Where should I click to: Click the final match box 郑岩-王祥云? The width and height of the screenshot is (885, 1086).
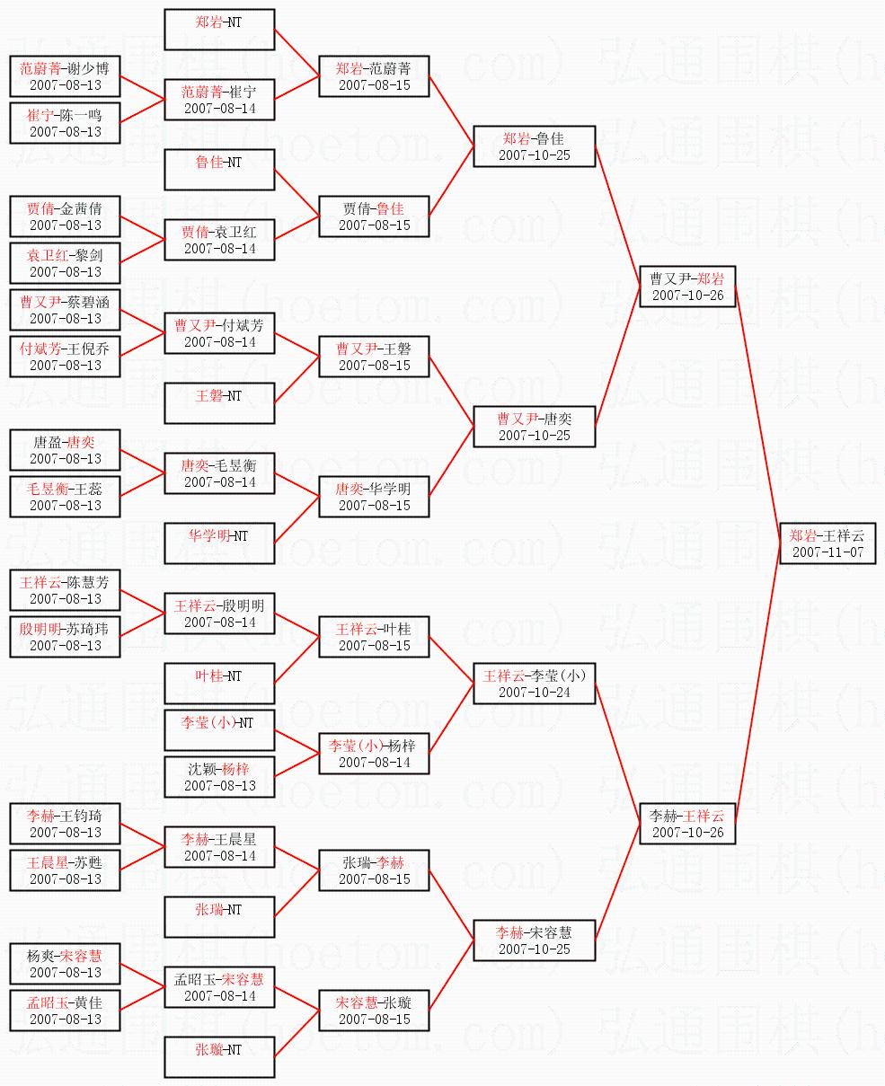(x=832, y=543)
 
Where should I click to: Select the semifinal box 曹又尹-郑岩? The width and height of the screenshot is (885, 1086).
(x=687, y=287)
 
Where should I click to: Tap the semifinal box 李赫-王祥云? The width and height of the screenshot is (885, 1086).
(x=687, y=824)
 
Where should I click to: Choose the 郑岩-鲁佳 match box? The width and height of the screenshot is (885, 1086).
(x=535, y=146)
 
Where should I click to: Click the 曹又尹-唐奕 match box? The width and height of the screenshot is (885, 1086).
(x=535, y=427)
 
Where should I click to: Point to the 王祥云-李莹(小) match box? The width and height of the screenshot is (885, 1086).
(x=535, y=684)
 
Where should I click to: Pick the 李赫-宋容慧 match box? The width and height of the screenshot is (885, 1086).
(x=535, y=940)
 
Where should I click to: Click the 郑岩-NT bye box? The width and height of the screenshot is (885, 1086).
(x=219, y=31)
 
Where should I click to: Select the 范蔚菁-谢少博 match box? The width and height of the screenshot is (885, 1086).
(x=65, y=76)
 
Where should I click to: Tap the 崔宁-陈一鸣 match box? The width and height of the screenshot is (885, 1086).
(x=65, y=123)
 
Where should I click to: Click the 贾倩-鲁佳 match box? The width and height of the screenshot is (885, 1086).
(x=374, y=216)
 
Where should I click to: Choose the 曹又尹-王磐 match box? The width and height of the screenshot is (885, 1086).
(x=374, y=357)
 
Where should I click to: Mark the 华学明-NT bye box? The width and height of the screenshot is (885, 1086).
(x=219, y=543)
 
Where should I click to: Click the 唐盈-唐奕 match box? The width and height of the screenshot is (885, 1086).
(x=65, y=450)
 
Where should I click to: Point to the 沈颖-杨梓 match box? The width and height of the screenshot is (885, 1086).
(x=219, y=777)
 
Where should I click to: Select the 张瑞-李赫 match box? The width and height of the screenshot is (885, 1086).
(x=374, y=870)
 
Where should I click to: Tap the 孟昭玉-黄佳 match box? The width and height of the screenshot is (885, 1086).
(x=65, y=1011)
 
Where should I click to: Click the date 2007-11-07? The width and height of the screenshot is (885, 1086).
(x=832, y=552)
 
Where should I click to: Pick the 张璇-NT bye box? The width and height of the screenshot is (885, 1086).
(x=219, y=1057)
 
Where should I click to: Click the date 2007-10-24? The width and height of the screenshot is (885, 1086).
(x=535, y=693)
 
